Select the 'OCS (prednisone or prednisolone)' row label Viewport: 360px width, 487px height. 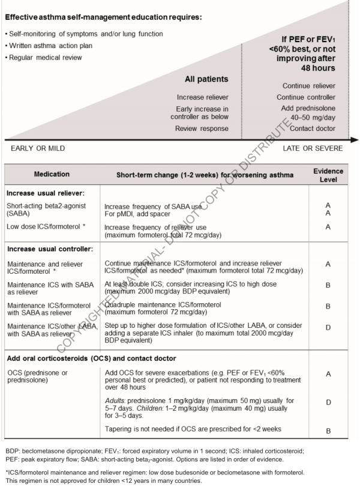[43, 364]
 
